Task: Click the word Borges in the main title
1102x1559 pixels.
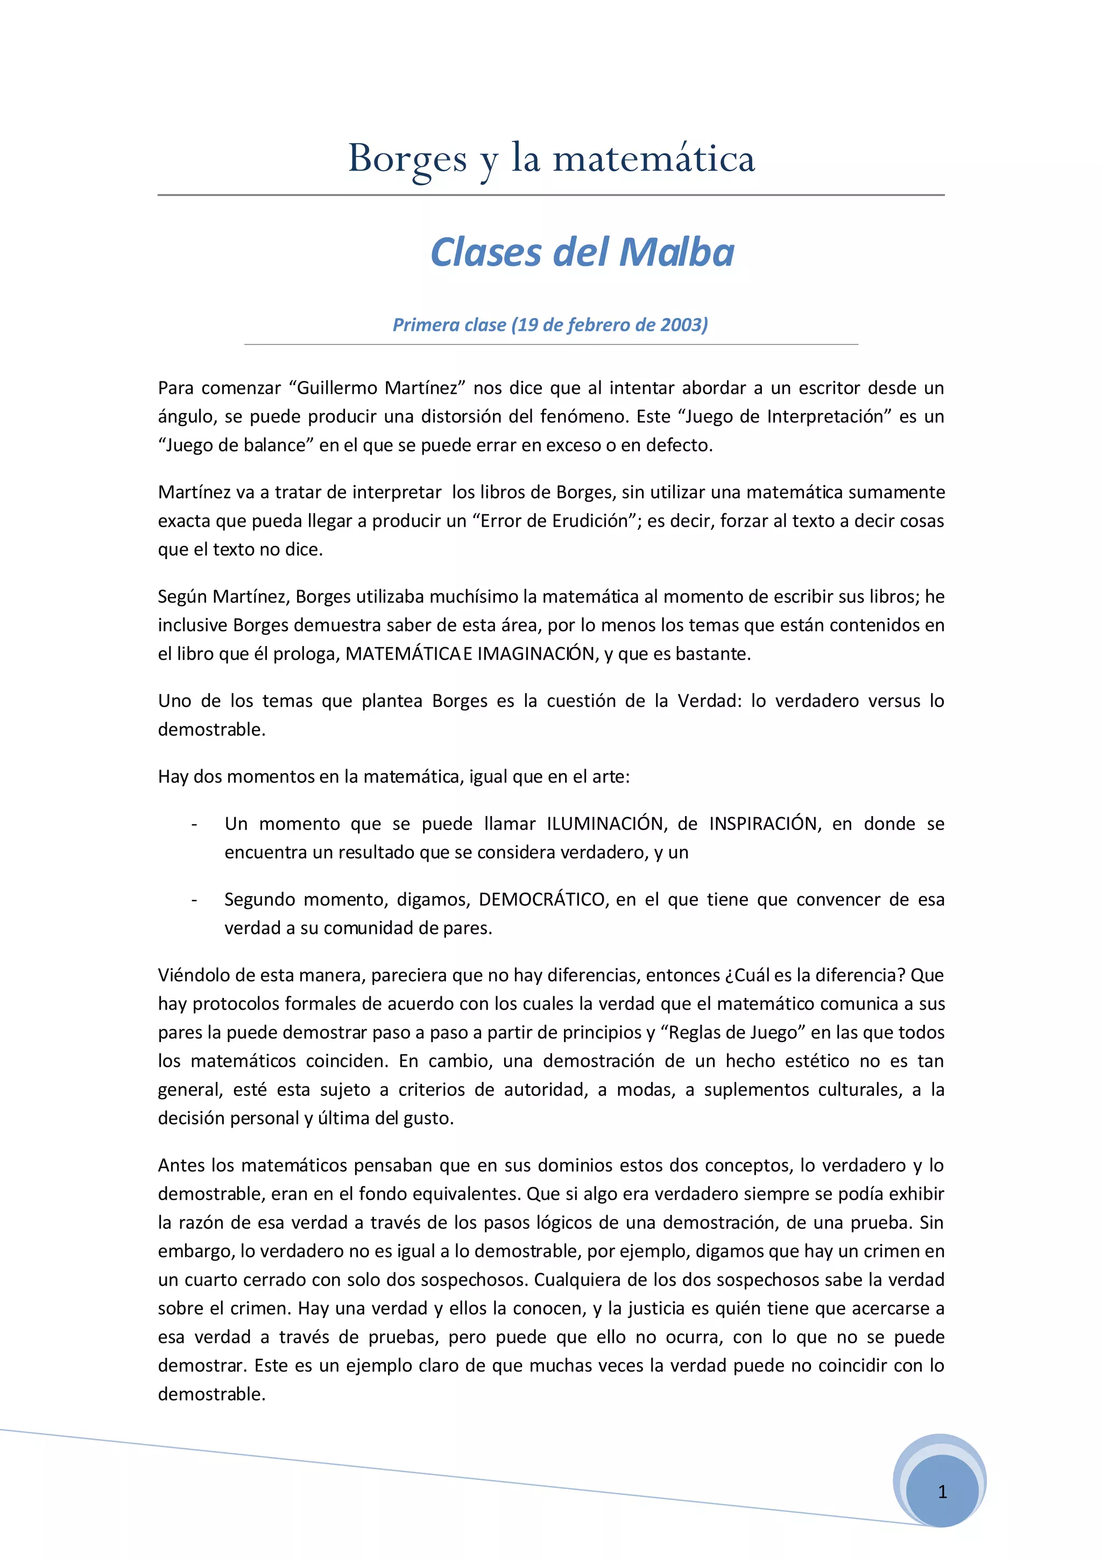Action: click(x=407, y=159)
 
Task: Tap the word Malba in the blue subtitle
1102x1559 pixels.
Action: click(x=677, y=253)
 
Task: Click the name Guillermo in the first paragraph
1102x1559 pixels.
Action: click(x=336, y=388)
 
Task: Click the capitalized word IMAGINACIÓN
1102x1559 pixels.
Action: click(x=536, y=653)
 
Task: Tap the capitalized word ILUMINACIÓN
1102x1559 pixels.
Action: click(x=605, y=824)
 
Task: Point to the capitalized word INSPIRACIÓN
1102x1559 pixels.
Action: click(x=763, y=824)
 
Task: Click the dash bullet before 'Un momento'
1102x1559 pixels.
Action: click(x=194, y=824)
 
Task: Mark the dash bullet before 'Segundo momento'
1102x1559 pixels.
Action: click(x=194, y=899)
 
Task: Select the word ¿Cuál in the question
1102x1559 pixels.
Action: click(x=746, y=975)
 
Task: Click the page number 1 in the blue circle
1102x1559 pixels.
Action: click(x=942, y=1491)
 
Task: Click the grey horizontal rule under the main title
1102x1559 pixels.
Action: click(x=550, y=195)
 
